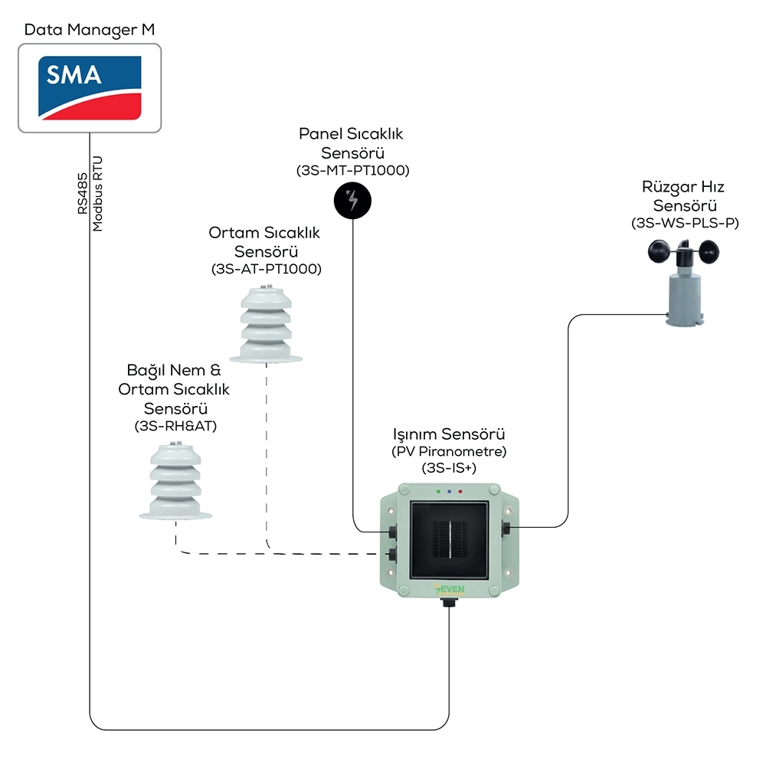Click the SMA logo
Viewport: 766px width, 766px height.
(90, 88)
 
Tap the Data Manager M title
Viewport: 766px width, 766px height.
(90, 30)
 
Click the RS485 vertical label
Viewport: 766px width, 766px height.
(83, 194)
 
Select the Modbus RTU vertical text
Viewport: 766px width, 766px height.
(98, 194)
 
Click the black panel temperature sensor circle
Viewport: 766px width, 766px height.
(352, 201)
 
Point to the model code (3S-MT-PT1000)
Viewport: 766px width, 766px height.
(352, 171)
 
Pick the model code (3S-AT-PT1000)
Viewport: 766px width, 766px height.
(267, 269)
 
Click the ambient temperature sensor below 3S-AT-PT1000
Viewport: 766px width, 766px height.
(267, 325)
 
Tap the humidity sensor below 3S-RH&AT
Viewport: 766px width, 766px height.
(176, 481)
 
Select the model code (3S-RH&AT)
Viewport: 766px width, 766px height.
(176, 426)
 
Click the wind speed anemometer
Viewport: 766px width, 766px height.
(684, 283)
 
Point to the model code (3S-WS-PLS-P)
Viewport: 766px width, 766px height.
(685, 223)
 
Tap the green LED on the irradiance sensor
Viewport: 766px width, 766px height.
(439, 492)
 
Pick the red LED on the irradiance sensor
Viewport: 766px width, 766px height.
(460, 492)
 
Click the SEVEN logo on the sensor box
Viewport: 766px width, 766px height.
(450, 588)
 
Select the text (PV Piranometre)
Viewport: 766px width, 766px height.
(449, 451)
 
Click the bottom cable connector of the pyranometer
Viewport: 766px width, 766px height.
(449, 603)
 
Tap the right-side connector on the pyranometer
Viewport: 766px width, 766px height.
(506, 528)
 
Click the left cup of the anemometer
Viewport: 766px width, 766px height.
(659, 252)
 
